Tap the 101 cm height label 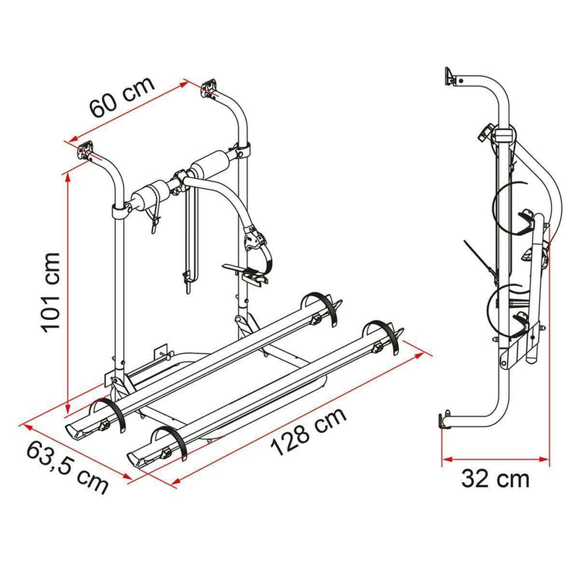coord(51,291)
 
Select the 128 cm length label coord(310,433)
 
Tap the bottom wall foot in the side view coord(444,421)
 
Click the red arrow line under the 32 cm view coord(496,457)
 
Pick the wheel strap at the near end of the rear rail coord(109,416)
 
